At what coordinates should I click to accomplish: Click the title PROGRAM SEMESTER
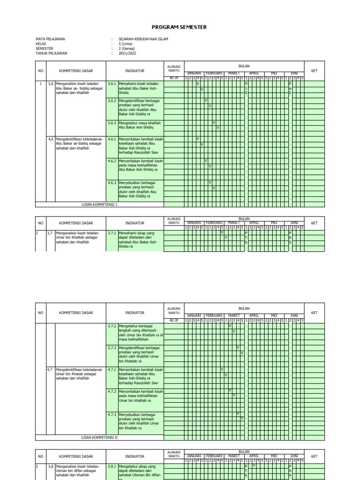coord(180,27)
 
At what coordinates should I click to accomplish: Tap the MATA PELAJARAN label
coord(50,39)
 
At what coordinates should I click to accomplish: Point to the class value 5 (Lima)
coord(126,44)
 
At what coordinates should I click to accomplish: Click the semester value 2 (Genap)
coord(127,49)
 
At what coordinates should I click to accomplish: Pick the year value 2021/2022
coord(127,53)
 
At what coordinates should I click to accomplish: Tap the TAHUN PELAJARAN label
coord(52,53)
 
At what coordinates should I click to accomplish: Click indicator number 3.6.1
coord(112,83)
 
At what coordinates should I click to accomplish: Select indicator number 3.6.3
coord(112,123)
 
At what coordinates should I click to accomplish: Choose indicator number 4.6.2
coord(112,161)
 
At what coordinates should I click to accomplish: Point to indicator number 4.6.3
coord(112,183)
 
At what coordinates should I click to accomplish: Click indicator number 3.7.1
coord(112,232)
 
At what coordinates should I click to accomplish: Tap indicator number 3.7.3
coord(112,348)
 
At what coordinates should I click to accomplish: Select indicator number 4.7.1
coord(112,370)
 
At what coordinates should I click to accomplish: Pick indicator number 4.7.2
coord(112,391)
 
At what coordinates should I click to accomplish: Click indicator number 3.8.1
coord(112,467)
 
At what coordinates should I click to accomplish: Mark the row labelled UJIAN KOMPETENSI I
coord(99,204)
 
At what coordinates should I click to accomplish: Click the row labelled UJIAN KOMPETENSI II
coord(99,437)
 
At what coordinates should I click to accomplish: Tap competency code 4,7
coord(51,370)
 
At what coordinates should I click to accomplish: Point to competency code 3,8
coord(51,467)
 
